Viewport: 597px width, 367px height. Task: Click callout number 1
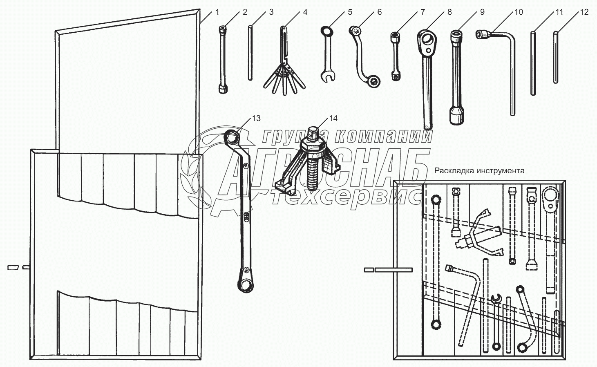coord(217,12)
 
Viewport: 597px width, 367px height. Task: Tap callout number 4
coord(305,12)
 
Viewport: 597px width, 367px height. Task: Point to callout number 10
coord(518,12)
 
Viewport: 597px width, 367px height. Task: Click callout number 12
coord(584,12)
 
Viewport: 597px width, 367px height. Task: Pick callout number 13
coord(256,118)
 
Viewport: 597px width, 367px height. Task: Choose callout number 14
coord(333,118)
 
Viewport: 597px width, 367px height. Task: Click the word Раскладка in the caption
coord(454,170)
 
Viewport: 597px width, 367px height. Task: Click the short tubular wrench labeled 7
coord(395,55)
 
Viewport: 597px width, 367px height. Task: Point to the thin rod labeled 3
coord(250,53)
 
